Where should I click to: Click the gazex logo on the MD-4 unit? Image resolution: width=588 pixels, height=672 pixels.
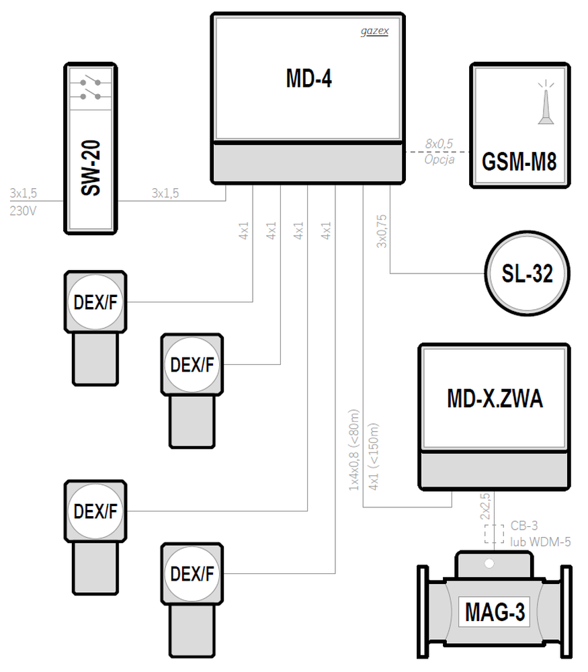[x=374, y=32]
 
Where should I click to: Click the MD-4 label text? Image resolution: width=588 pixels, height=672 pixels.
[x=308, y=79]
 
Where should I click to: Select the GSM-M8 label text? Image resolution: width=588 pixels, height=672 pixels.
[x=519, y=161]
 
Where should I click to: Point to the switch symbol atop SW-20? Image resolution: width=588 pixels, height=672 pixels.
[x=91, y=89]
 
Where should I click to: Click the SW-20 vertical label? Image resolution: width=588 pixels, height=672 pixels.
[x=91, y=168]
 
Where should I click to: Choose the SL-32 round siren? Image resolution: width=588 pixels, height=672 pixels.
[x=527, y=274]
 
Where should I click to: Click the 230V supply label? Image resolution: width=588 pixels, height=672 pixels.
[x=23, y=210]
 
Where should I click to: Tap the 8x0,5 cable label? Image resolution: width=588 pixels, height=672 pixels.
[x=439, y=144]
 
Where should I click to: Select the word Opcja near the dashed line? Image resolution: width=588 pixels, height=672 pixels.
[x=439, y=160]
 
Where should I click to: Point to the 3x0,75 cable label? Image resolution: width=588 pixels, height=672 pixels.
[x=382, y=231]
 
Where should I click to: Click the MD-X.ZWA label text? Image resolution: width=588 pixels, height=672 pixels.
[x=495, y=398]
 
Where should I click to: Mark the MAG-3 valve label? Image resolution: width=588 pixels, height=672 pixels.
[x=495, y=612]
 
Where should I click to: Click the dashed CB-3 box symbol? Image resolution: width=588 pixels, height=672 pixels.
[x=494, y=534]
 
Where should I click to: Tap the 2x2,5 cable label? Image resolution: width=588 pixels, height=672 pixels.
[x=485, y=506]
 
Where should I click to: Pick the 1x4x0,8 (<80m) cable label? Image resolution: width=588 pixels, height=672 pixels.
[x=354, y=450]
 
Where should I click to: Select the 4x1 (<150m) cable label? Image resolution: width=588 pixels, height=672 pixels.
[x=374, y=456]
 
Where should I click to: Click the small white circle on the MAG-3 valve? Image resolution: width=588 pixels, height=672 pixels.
[x=489, y=563]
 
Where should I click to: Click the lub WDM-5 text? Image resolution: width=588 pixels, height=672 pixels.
[x=540, y=542]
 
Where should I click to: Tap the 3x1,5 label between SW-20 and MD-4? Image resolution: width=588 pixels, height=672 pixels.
[x=165, y=194]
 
